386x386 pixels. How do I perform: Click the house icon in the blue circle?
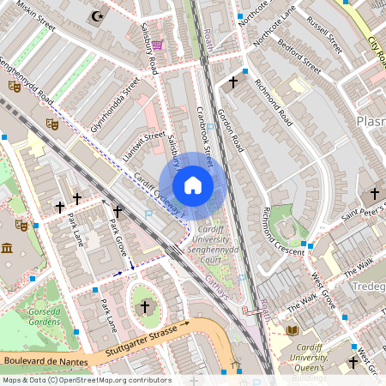(193, 185)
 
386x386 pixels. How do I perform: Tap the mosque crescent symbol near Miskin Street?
(96, 15)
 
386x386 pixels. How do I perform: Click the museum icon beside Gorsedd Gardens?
(7, 249)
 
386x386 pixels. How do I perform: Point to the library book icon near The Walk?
(293, 329)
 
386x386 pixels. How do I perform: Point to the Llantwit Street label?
(142, 142)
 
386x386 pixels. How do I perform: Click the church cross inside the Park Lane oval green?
(144, 306)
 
